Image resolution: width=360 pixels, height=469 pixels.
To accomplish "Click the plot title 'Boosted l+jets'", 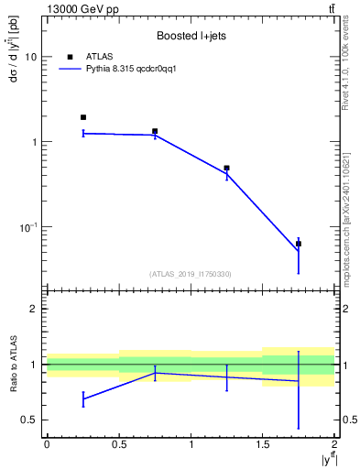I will point(191,37).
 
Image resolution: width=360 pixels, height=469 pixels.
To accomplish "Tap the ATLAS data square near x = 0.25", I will point(83,117).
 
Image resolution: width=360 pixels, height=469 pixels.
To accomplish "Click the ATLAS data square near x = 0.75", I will point(155,131).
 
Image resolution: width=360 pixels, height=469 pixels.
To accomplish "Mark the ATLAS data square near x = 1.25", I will point(226,169).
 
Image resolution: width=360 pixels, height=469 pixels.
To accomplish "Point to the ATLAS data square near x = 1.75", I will point(299,244).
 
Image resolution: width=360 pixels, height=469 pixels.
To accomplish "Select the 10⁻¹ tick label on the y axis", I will point(29,226).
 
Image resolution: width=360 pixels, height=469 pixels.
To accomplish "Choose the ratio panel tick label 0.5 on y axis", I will point(31,420).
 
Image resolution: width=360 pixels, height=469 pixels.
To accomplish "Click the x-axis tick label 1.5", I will point(263,443).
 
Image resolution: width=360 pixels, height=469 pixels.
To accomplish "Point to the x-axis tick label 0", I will point(47,443).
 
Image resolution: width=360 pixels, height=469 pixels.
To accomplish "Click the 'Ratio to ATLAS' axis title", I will point(11,365).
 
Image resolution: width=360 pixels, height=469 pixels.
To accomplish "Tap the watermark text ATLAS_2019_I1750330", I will point(191,274).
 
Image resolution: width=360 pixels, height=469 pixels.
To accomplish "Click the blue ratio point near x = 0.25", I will point(83,399).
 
